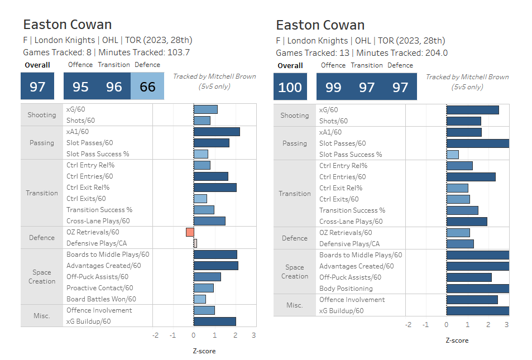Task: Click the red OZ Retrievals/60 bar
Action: pyautogui.click(x=190, y=232)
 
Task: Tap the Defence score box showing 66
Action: pyautogui.click(x=147, y=87)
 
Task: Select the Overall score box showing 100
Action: pyautogui.click(x=290, y=87)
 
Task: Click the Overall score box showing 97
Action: pyautogui.click(x=37, y=87)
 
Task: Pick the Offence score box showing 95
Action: pyautogui.click(x=80, y=87)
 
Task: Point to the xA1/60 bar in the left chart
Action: pyautogui.click(x=217, y=132)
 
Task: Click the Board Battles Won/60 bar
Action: pyautogui.click(x=199, y=299)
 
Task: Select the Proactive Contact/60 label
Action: pyautogui.click(x=99, y=288)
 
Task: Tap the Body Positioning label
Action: pyautogui.click(x=346, y=289)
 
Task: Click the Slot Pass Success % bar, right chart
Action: pyautogui.click(x=453, y=155)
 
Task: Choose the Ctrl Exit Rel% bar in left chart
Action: pyautogui.click(x=215, y=188)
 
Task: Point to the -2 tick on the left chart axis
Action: pyautogui.click(x=155, y=335)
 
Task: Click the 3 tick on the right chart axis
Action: pyautogui.click(x=506, y=325)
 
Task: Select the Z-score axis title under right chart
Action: pyautogui.click(x=457, y=340)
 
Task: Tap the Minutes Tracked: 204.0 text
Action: pyautogui.click(x=402, y=53)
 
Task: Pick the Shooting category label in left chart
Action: pyautogui.click(x=42, y=115)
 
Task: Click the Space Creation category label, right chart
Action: pyautogui.click(x=295, y=272)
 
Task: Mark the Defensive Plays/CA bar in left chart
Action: pyautogui.click(x=195, y=243)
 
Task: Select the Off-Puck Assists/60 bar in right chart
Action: pyautogui.click(x=469, y=277)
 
